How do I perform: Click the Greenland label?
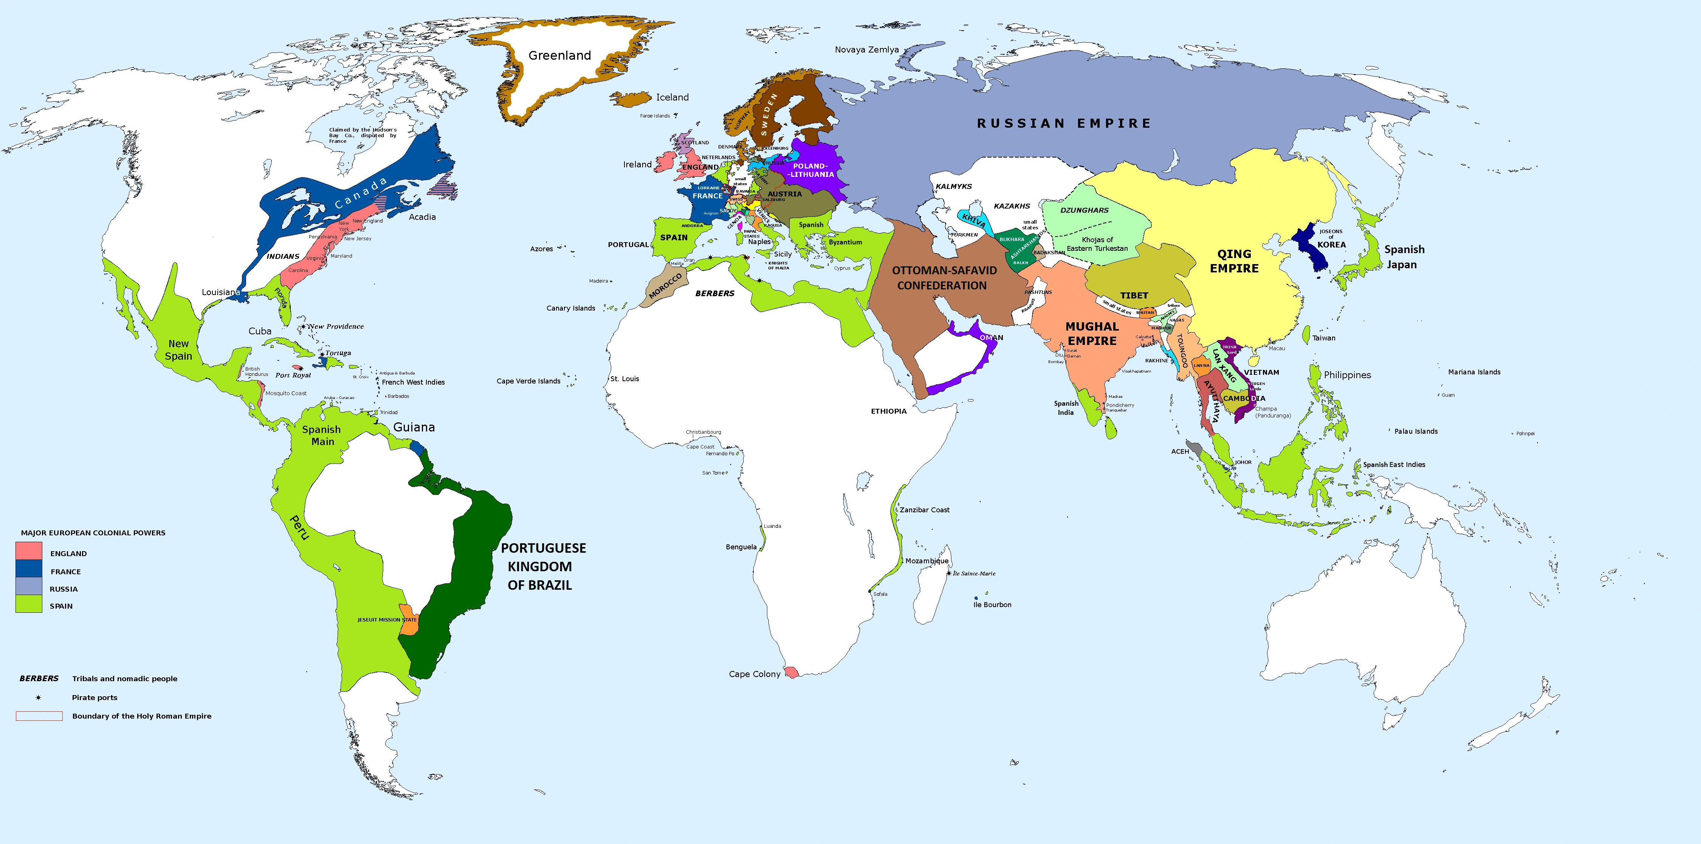(x=559, y=56)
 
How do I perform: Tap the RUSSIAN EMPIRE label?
(x=1063, y=124)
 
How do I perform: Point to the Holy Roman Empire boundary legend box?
(x=39, y=716)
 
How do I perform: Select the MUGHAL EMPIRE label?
(x=1092, y=333)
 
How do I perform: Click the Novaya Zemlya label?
(x=866, y=49)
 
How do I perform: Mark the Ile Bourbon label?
(x=992, y=604)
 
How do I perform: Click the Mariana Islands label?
(x=1474, y=372)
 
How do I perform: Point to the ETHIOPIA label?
(x=888, y=411)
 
